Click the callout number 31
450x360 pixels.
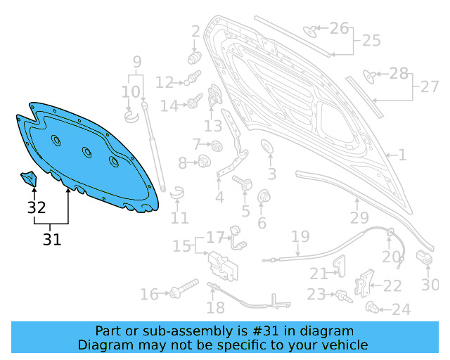pyautogui.click(x=52, y=239)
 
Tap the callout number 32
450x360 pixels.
pyautogui.click(x=37, y=207)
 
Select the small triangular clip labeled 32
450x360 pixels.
pyautogui.click(x=29, y=179)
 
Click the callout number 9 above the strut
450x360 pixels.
pyautogui.click(x=137, y=62)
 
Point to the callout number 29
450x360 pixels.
pyautogui.click(x=359, y=218)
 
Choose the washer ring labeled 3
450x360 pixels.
pyautogui.click(x=266, y=147)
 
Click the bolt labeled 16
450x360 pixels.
pyautogui.click(x=184, y=288)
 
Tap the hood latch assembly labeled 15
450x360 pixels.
pyautogui.click(x=223, y=266)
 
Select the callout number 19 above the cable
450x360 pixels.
pyautogui.click(x=300, y=236)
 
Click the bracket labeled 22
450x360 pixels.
pyautogui.click(x=364, y=283)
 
